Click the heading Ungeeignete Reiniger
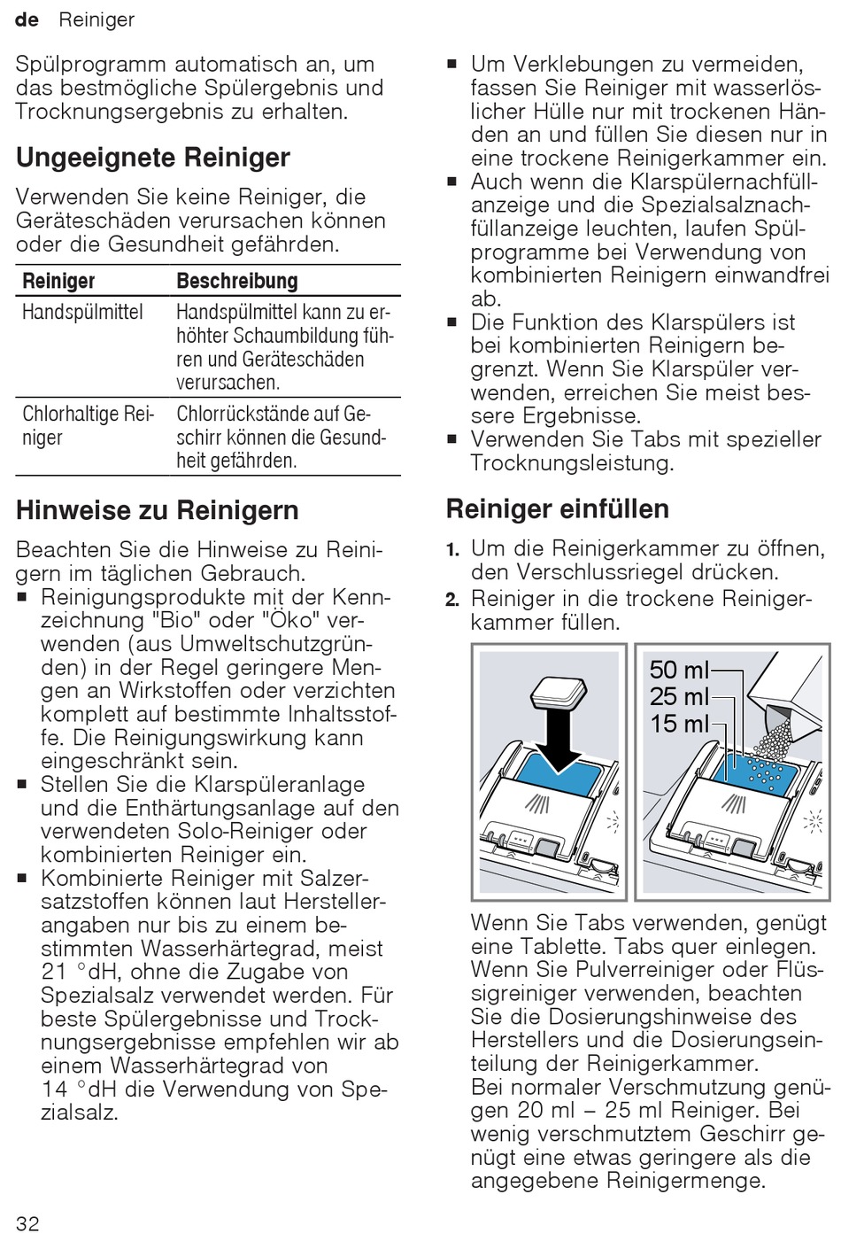pos(153,158)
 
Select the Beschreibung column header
pos(237,281)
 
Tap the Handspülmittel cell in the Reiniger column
pos(82,312)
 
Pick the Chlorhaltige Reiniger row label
pos(88,425)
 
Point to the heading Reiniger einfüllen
pos(558,509)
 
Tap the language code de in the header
pos(27,20)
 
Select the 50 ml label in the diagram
pos(679,670)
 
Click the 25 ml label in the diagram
pos(679,696)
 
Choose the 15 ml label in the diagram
pos(679,724)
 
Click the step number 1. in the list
pos(452,550)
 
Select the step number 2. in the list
pos(452,600)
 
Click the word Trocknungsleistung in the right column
pos(572,463)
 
